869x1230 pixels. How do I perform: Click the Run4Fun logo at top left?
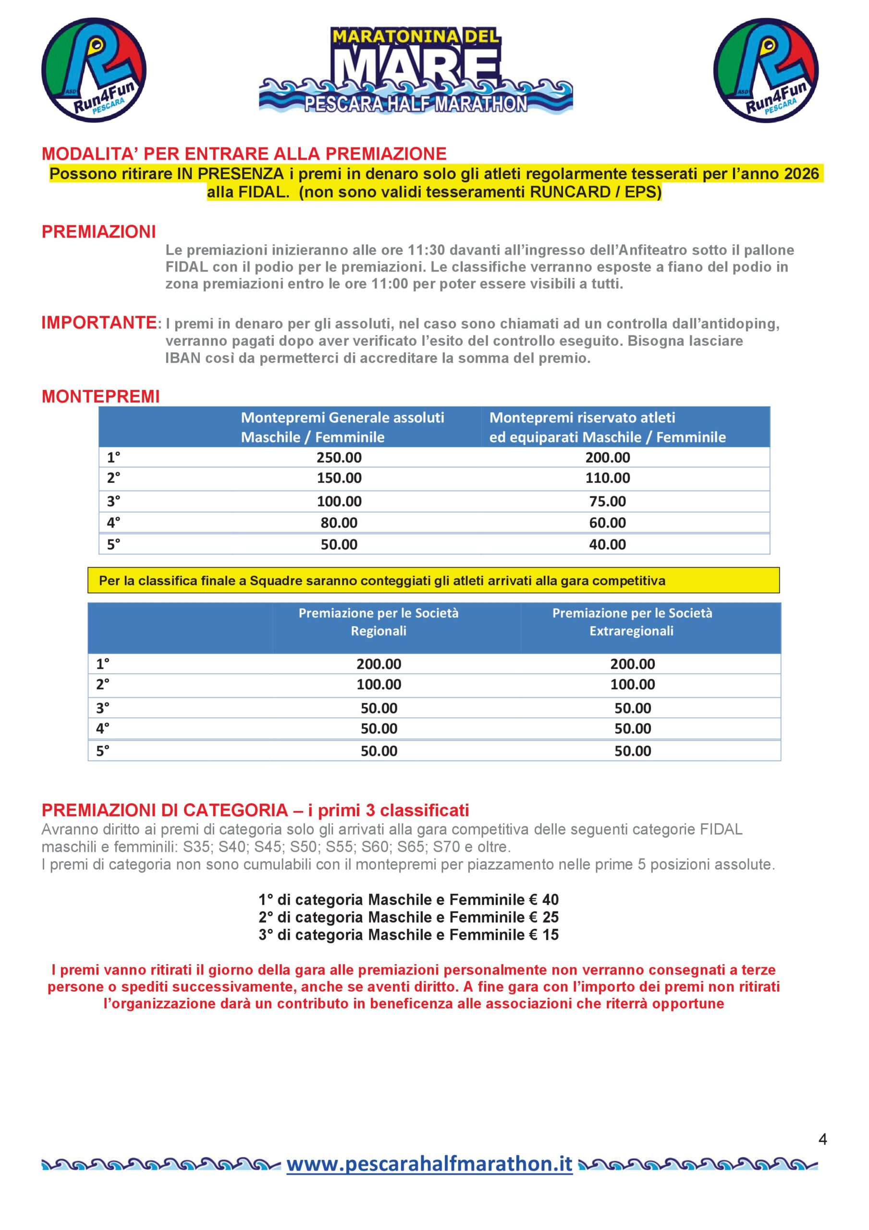click(94, 70)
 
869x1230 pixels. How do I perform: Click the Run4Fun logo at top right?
click(766, 70)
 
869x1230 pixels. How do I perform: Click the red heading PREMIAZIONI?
click(98, 232)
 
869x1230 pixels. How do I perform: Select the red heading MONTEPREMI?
click(101, 396)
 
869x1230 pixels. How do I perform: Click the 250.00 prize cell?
click(339, 457)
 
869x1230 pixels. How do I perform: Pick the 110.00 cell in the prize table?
click(608, 478)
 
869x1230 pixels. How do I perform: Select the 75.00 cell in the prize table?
click(608, 502)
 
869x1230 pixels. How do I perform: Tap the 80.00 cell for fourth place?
click(339, 523)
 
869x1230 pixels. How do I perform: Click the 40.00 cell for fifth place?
click(608, 545)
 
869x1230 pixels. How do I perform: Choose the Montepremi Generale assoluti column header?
click(343, 427)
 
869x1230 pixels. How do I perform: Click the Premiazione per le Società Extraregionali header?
click(632, 621)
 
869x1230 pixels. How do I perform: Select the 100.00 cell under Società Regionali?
click(379, 685)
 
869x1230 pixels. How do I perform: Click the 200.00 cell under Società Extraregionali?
click(632, 664)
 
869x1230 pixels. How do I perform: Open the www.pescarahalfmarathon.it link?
click(429, 1164)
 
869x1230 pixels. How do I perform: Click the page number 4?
click(822, 1140)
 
